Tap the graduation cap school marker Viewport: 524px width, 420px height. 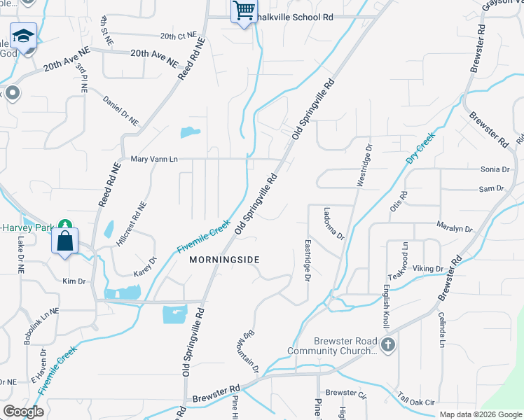23,36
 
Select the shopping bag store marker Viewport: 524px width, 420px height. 64,241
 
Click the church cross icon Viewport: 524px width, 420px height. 388,344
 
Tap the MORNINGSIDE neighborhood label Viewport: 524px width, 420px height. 224,260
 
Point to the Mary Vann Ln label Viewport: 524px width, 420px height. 154,160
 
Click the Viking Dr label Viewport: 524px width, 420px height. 427,269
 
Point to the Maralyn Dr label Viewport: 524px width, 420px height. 455,228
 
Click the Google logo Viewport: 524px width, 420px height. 24,412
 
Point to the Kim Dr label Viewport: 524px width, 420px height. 74,281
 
